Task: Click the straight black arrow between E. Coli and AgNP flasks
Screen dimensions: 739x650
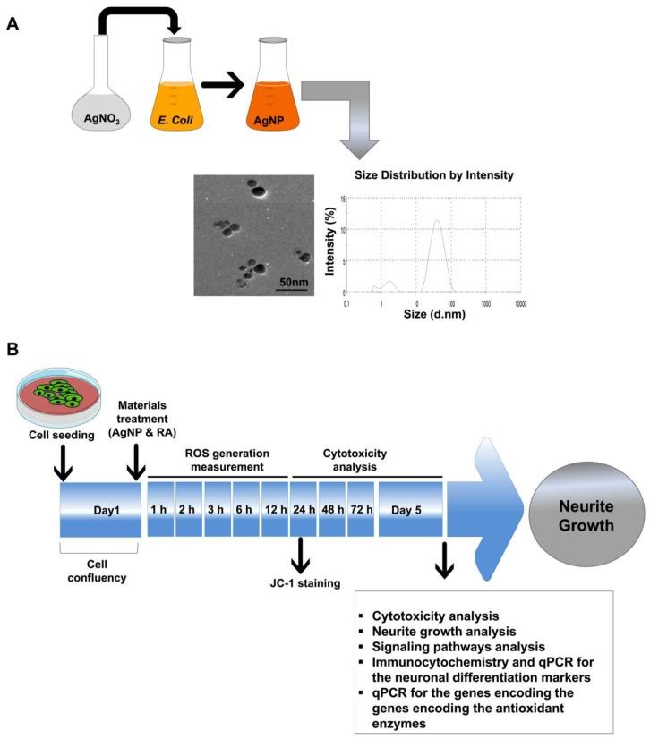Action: click(x=223, y=87)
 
